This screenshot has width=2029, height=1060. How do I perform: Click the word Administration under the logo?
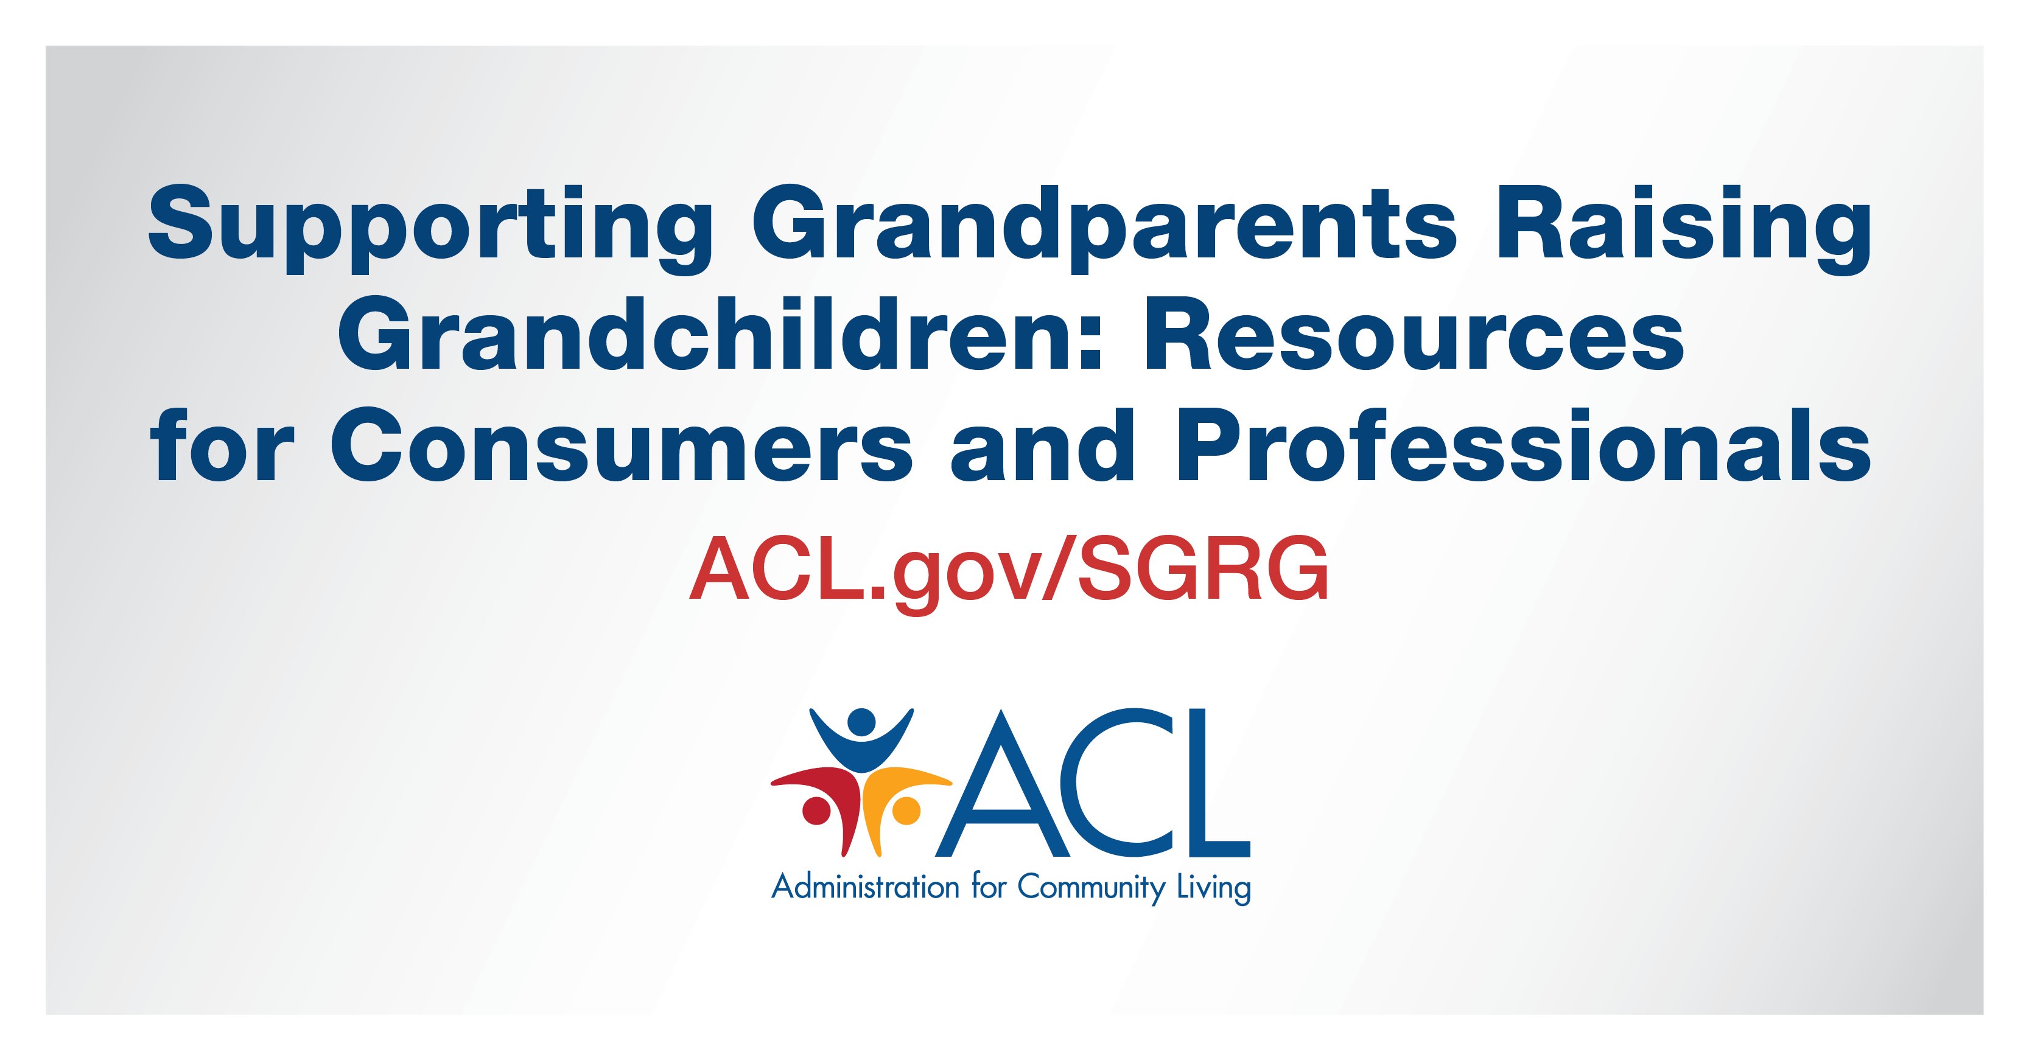865,887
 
